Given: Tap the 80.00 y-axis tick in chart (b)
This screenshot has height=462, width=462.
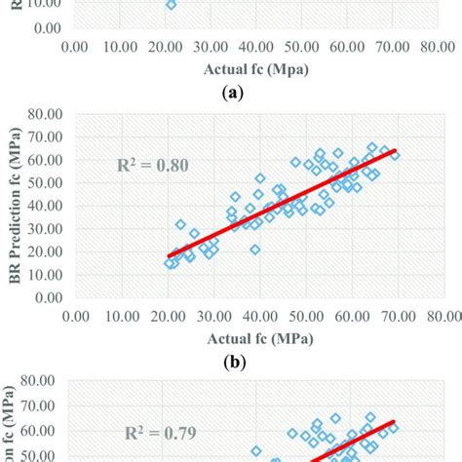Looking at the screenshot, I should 50,115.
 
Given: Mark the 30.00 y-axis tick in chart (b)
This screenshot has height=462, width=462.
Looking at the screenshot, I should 50,228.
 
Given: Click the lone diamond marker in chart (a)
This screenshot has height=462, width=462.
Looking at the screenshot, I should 171,5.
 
